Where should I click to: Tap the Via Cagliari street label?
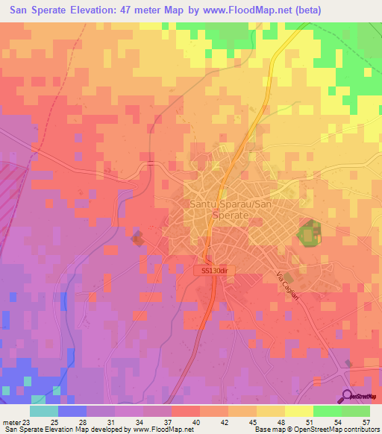pos(289,284)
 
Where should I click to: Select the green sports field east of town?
pos(308,233)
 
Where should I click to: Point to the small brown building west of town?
pos(137,238)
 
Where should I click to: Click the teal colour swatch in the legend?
pos(44,411)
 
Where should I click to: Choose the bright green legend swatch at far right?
pos(356,411)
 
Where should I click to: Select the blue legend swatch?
pos(72,411)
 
